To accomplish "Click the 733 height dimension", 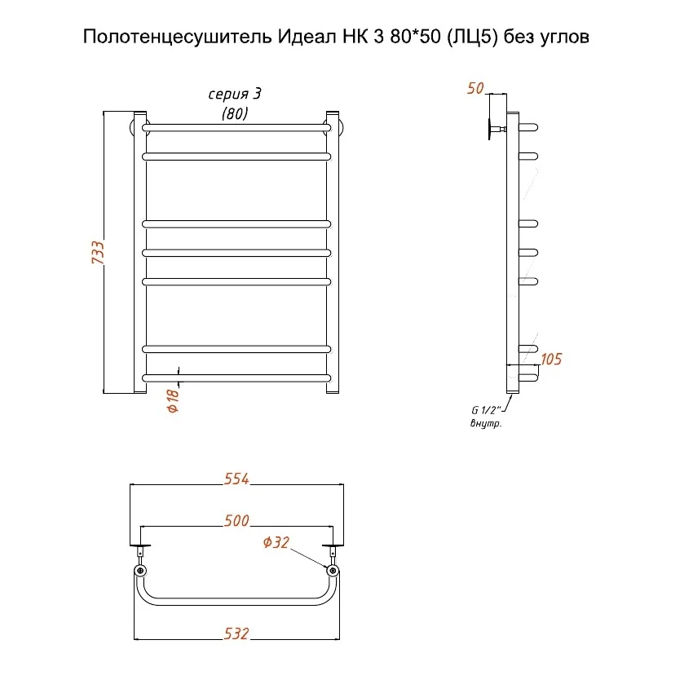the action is pos(98,253).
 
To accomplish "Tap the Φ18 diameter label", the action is pos(173,400).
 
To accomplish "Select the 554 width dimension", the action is pos(236,479).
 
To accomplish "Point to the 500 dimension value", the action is pos(236,520).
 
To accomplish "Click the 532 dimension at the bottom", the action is pos(236,633).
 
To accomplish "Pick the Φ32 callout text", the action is pos(276,542).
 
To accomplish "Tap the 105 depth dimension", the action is pos(551,359).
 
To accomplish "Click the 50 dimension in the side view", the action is pos(475,88).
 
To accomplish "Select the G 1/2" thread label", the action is pos(486,410).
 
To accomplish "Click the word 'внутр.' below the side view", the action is pos(486,423).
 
